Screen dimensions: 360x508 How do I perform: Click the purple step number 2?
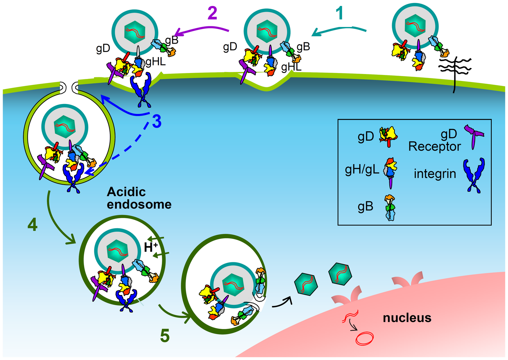pos(212,14)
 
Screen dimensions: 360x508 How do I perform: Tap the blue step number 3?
pos(157,122)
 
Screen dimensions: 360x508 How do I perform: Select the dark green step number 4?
pos(32,225)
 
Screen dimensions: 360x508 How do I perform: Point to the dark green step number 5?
pos(165,336)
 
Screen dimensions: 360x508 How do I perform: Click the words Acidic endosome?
pos(139,198)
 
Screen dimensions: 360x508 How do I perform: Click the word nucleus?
pos(407,318)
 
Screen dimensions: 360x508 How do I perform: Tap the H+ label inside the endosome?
pos(151,247)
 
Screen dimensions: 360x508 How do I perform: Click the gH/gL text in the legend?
pos(362,170)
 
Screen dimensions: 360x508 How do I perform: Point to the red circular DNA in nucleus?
pos(364,338)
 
